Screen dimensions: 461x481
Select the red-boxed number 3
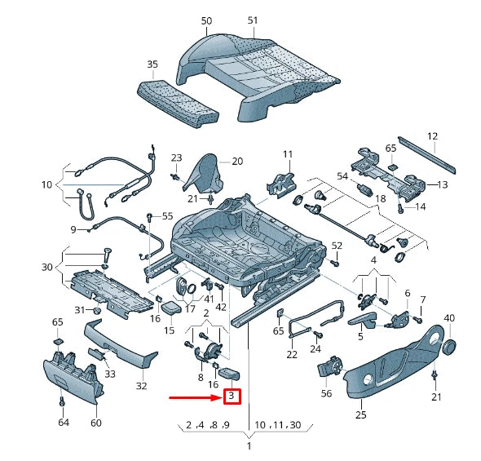tap(232, 397)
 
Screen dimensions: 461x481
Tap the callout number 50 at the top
tap(206, 20)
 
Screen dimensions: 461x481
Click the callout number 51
tap(253, 20)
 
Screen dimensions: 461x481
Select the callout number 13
tap(443, 185)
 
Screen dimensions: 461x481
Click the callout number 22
tap(292, 354)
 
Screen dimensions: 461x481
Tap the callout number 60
tap(95, 423)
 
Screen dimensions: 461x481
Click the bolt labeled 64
tap(63, 401)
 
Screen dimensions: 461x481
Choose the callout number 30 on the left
tap(46, 267)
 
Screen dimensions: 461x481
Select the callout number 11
tap(286, 154)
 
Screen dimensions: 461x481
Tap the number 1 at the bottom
tap(249, 446)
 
